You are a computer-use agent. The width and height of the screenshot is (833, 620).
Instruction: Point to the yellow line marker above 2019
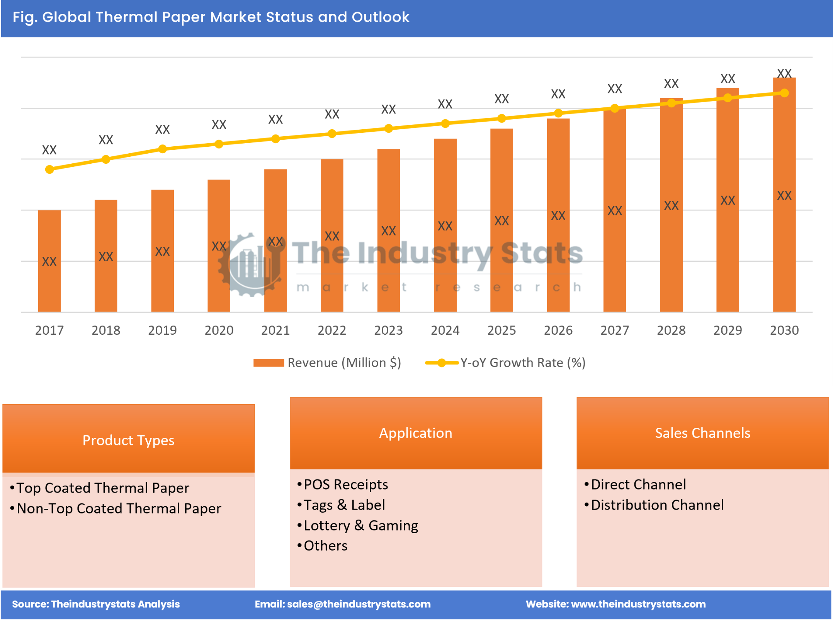163,149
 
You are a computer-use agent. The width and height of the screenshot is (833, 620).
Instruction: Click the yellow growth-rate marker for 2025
501,119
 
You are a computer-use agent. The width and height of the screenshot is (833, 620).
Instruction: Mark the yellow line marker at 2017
49,169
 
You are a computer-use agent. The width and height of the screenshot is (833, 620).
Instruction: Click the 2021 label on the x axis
275,330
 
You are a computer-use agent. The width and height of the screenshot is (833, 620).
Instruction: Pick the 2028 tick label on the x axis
671,330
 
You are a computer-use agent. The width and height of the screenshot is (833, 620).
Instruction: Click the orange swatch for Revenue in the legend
269,363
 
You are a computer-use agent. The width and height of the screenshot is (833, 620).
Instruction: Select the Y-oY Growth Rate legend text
523,363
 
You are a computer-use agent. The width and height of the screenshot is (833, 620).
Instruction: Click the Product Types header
128,440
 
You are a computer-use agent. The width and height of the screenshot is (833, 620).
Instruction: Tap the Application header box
415,433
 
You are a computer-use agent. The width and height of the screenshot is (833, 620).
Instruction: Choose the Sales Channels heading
702,433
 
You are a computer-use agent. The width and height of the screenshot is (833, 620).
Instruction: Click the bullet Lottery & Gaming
361,525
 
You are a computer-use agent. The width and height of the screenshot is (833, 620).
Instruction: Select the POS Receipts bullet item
346,484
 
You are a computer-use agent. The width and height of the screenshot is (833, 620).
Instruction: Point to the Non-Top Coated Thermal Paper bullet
119,508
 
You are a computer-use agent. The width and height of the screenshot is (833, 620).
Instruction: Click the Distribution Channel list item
657,505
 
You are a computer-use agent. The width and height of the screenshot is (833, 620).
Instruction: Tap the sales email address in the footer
359,604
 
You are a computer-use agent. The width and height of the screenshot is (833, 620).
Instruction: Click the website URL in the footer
638,604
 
